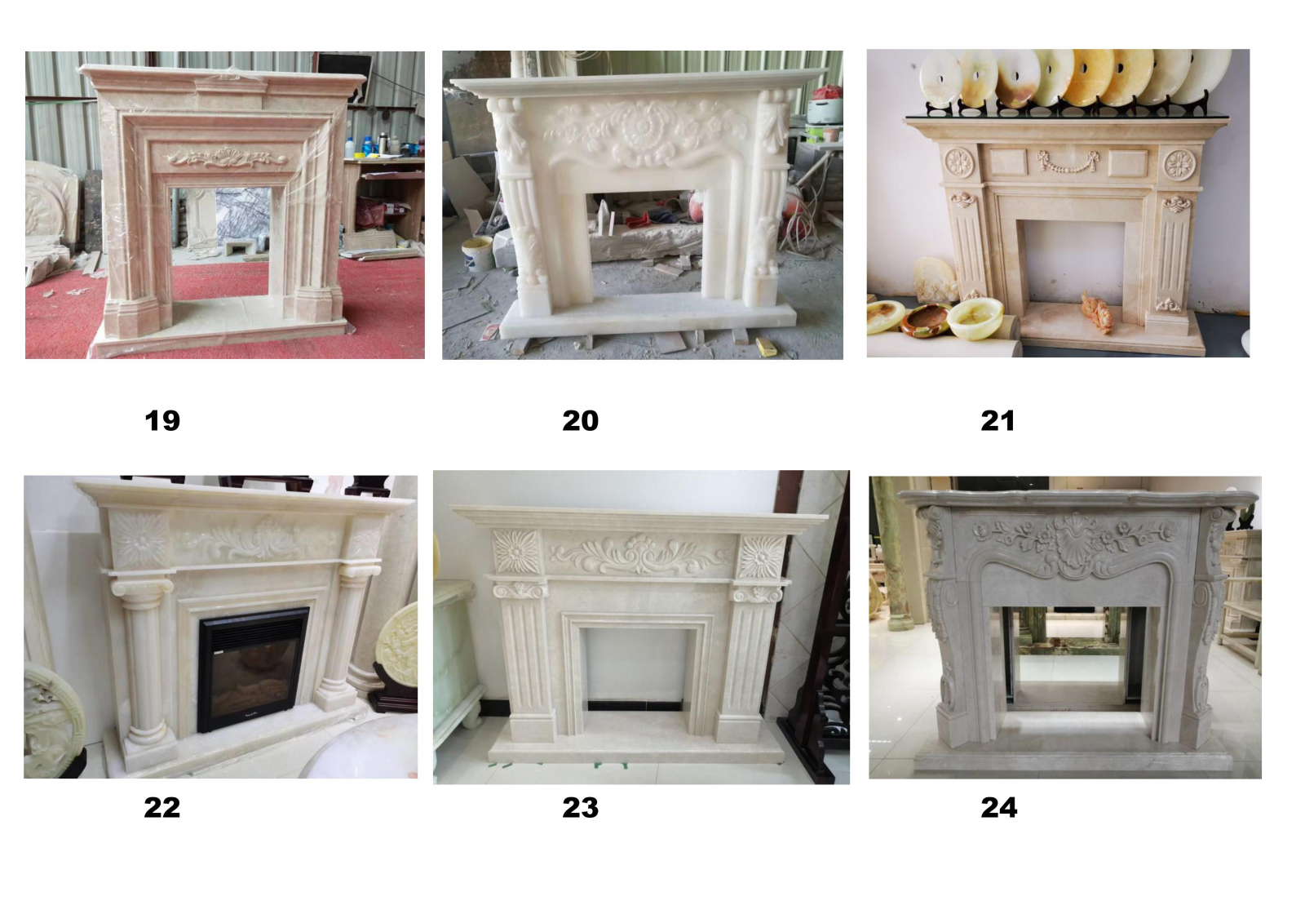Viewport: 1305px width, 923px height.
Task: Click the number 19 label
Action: (162, 420)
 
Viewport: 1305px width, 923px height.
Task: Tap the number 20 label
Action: (580, 420)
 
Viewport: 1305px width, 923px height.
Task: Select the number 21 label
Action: (998, 420)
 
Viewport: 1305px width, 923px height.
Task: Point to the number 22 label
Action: (162, 808)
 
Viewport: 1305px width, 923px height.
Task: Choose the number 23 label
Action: (580, 808)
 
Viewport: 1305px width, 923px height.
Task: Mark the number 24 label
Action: (998, 808)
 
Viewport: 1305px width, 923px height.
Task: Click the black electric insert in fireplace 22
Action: (253, 669)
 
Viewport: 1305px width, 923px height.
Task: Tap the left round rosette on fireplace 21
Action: (959, 162)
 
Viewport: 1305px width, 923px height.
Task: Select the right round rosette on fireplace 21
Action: (1179, 165)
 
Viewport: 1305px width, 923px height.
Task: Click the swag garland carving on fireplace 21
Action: (1068, 162)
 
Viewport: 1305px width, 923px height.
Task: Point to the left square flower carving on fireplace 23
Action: (517, 551)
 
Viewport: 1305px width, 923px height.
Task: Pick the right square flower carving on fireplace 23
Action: (762, 557)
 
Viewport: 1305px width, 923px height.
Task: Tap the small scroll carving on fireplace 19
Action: (227, 157)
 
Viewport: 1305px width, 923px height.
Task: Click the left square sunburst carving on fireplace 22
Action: (139, 539)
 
